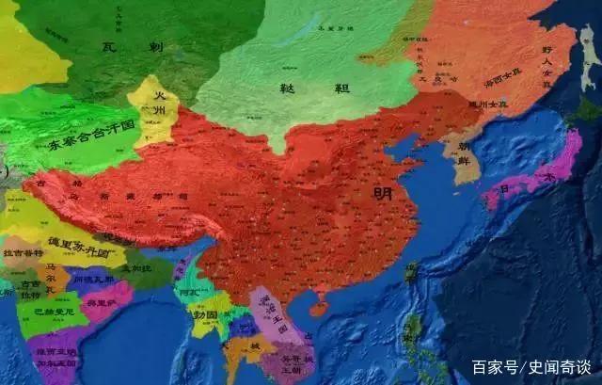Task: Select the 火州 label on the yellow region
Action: click(155, 105)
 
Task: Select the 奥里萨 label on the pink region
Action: click(102, 304)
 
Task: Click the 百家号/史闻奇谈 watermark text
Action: click(531, 367)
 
